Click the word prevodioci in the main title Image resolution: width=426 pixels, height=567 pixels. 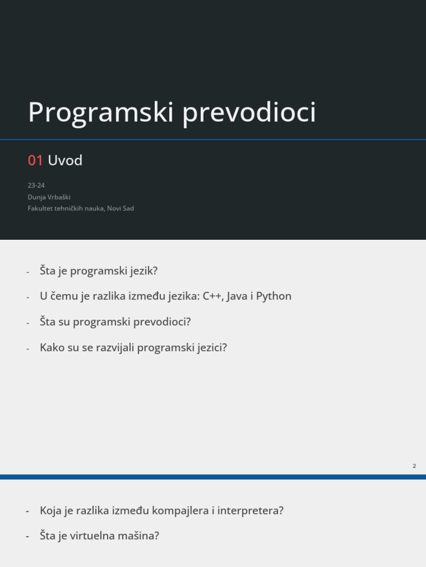point(249,113)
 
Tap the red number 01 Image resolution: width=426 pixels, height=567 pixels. point(35,161)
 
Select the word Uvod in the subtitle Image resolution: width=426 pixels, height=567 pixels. point(65,161)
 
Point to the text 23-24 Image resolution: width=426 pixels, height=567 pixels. point(36,185)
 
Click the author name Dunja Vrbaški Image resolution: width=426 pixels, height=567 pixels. point(49,197)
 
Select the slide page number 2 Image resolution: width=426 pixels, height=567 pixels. point(414,466)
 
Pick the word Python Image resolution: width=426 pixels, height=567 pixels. point(273,296)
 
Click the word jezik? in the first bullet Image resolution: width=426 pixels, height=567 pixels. point(143,271)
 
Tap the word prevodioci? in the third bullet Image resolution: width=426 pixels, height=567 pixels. point(164,322)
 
